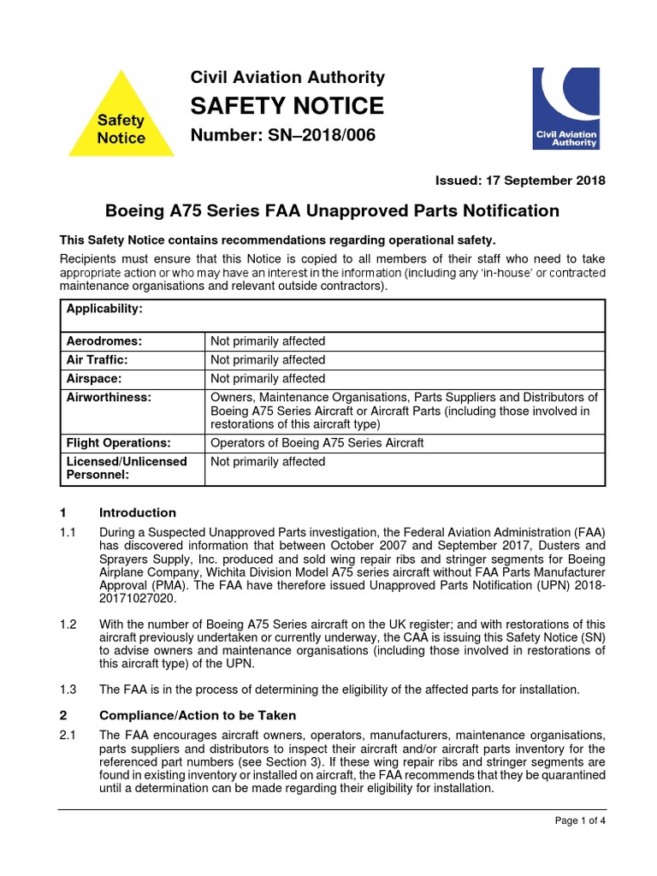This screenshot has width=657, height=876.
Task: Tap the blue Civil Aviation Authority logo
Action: (565, 108)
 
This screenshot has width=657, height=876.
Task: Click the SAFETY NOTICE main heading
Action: (287, 106)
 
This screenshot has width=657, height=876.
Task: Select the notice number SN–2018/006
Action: (282, 135)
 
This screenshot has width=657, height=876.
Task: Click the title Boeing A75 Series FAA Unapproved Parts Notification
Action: (332, 210)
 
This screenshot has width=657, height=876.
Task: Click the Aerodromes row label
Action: (104, 341)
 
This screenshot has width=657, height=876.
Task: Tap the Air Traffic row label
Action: (100, 360)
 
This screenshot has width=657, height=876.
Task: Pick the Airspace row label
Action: (94, 378)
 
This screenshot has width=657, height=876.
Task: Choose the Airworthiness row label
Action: (109, 397)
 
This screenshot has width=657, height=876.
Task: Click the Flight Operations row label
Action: (118, 443)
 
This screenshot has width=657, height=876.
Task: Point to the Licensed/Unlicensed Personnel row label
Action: (126, 468)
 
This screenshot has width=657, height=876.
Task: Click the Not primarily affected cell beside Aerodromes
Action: (268, 341)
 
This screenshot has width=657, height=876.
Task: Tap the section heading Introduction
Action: (138, 513)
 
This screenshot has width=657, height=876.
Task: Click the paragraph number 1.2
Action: (68, 624)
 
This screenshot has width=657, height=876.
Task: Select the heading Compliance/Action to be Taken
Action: (198, 715)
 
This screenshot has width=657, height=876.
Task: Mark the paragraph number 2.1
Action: (68, 735)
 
